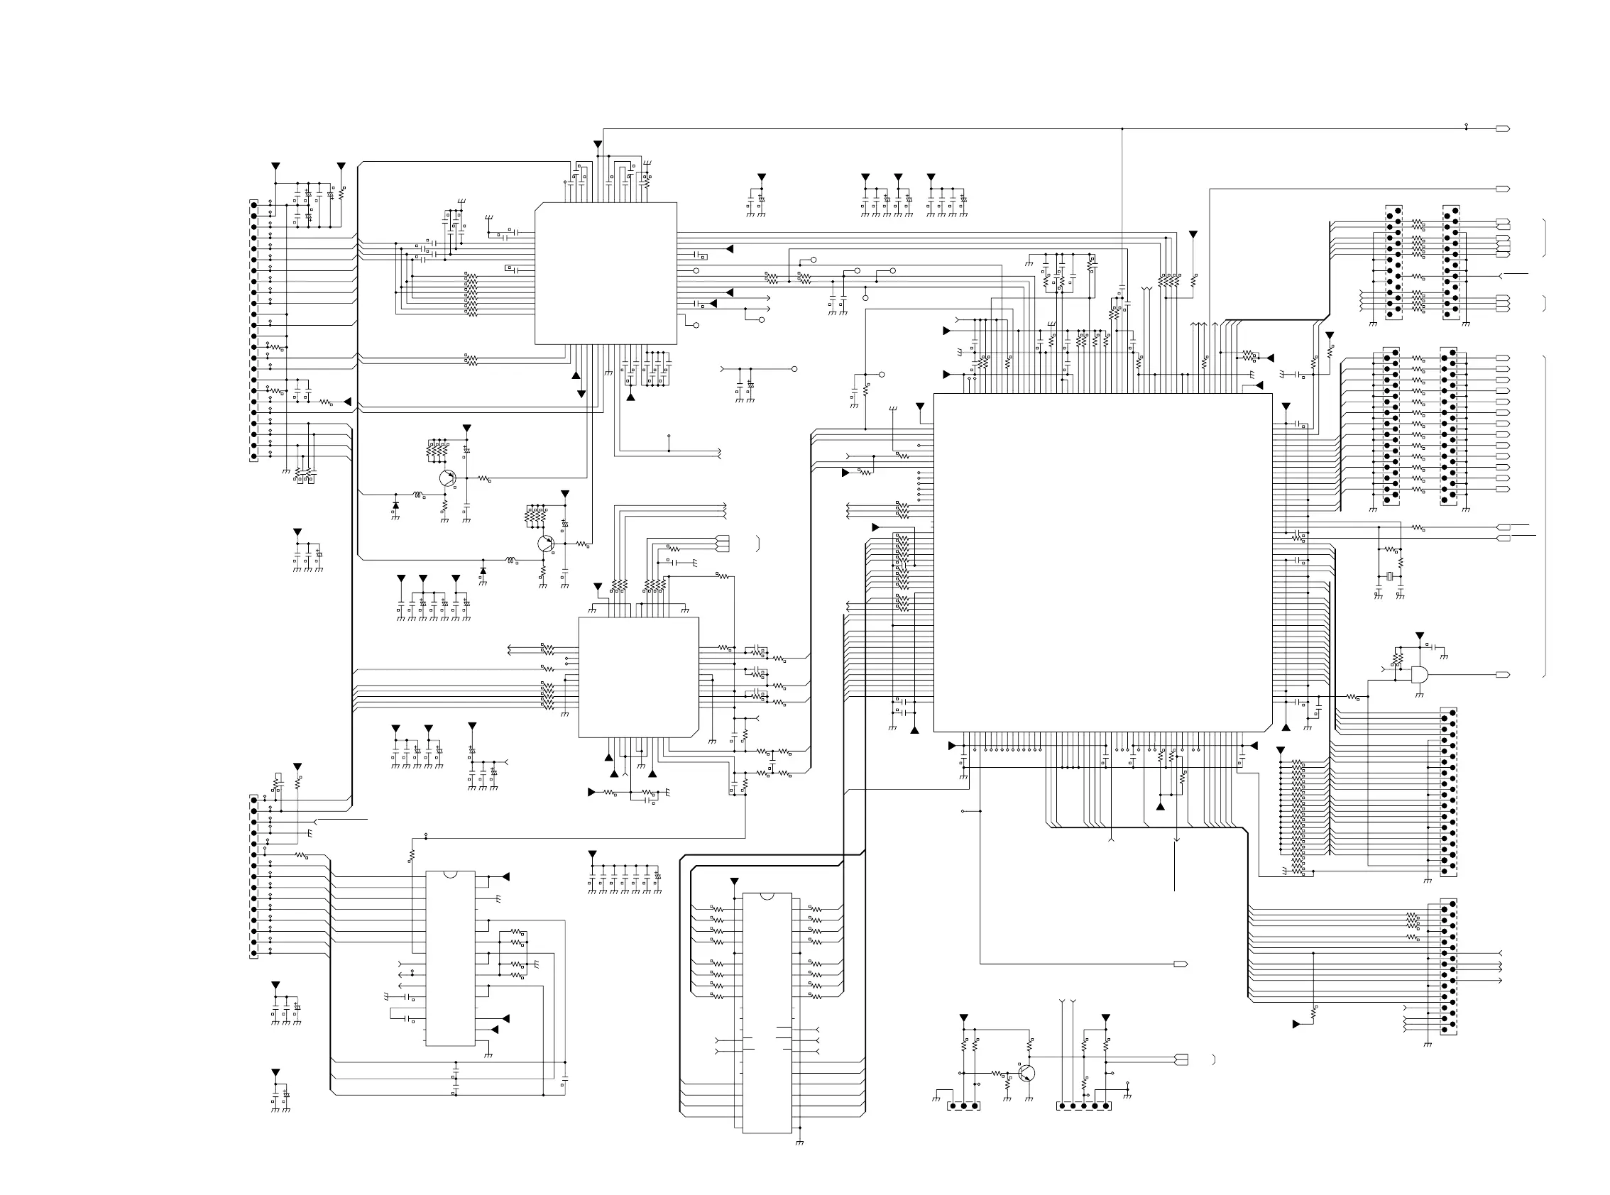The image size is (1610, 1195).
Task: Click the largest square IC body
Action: [1102, 562]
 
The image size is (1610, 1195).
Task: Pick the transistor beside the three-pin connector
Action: [1026, 1073]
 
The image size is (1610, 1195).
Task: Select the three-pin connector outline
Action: [963, 1106]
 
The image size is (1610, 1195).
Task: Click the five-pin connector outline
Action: [1083, 1106]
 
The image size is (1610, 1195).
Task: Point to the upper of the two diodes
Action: [395, 505]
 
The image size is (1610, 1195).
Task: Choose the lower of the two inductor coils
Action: [510, 560]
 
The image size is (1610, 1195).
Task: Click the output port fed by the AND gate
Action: [1502, 675]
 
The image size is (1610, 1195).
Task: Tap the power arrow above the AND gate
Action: [1419, 635]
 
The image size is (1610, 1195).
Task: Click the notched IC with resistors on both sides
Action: [767, 1013]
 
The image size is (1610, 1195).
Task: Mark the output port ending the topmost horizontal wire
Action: [1502, 128]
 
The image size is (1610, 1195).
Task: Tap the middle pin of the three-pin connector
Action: [963, 1106]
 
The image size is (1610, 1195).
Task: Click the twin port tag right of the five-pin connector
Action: [1181, 1059]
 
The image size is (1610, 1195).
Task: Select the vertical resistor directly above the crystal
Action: [1400, 561]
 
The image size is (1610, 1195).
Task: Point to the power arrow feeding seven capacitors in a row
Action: [592, 854]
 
